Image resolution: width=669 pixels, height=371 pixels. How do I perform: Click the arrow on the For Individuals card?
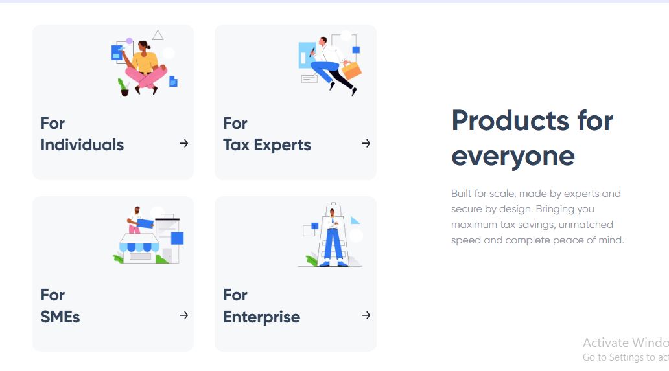click(184, 144)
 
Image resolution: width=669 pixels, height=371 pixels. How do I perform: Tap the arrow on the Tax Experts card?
click(366, 144)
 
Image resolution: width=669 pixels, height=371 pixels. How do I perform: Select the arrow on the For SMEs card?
click(184, 315)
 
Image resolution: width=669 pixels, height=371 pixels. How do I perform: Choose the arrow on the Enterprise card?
click(366, 315)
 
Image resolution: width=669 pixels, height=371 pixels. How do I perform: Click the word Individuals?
click(82, 145)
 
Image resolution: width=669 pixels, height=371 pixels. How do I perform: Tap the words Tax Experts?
click(267, 145)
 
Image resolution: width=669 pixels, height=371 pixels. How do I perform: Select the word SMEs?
click(60, 317)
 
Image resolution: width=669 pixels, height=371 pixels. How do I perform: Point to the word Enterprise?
click(261, 317)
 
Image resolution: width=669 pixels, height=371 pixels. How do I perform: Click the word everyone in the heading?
click(513, 157)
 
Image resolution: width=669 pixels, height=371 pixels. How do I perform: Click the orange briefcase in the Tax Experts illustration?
click(351, 71)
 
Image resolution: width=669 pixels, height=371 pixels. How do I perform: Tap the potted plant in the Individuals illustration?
click(124, 87)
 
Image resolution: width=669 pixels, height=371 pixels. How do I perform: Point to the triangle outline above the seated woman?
click(158, 36)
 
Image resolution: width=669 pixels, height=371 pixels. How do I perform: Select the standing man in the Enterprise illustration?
click(333, 238)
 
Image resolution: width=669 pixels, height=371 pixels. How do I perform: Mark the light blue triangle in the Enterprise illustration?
click(355, 220)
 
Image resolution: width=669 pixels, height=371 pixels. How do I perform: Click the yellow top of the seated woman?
click(146, 62)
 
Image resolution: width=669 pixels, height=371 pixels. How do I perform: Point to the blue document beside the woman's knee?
click(173, 81)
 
